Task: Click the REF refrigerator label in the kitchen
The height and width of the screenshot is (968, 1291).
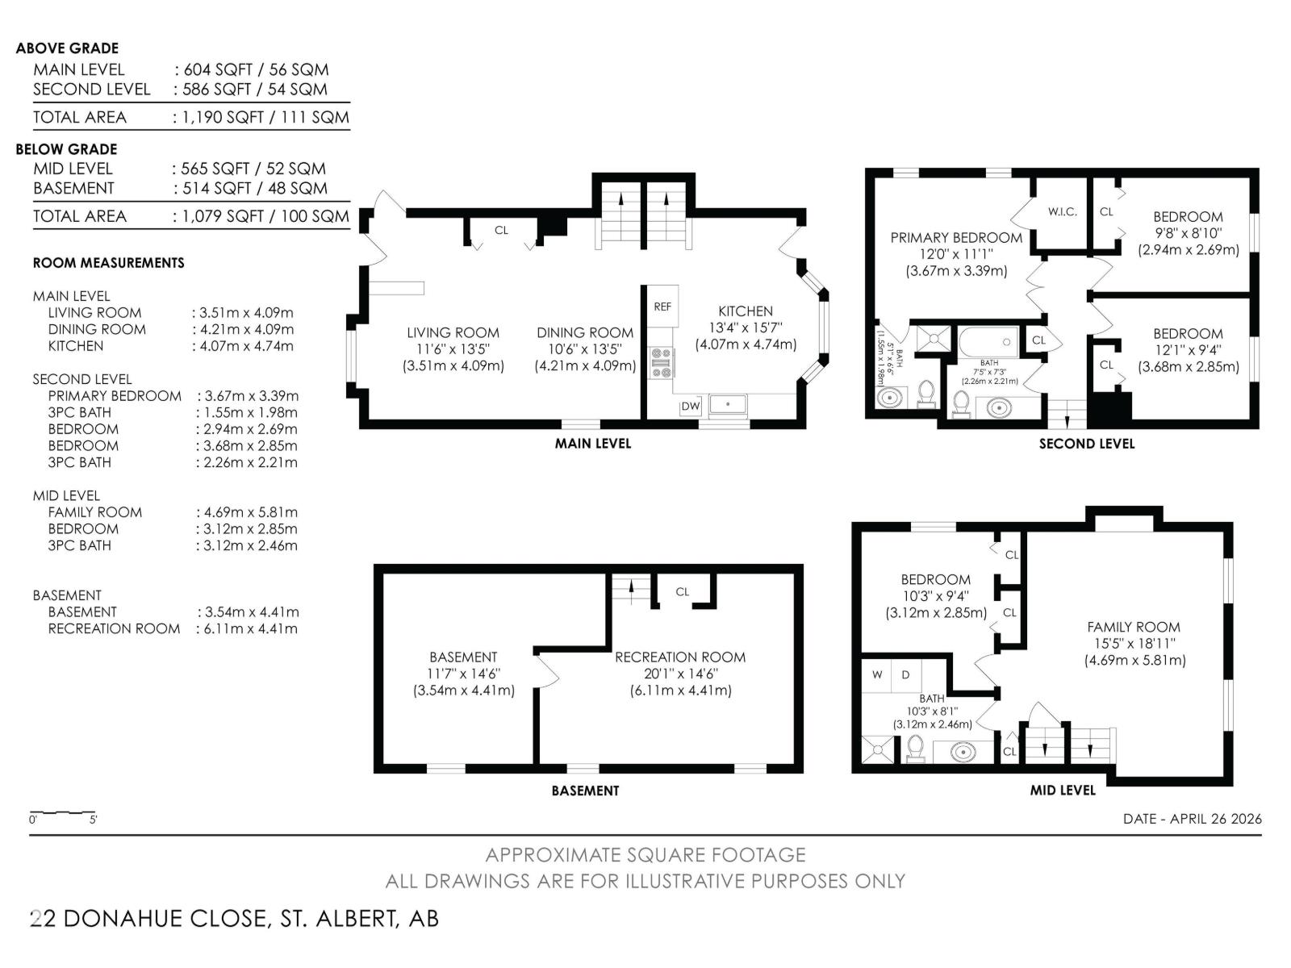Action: (x=662, y=307)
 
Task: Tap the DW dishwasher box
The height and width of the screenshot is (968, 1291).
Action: (x=691, y=406)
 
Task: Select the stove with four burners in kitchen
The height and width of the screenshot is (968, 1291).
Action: (x=661, y=363)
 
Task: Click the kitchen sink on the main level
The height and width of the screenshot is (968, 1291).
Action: (x=728, y=405)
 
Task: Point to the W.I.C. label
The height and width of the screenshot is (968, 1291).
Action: (x=1062, y=211)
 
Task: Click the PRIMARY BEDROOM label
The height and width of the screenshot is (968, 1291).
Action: (x=956, y=237)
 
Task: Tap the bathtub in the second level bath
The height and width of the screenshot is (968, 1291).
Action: (x=988, y=342)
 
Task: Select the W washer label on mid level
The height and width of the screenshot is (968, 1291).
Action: (x=877, y=674)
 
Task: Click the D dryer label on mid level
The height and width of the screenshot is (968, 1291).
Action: (x=905, y=674)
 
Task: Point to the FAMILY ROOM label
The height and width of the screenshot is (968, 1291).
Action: (x=1134, y=627)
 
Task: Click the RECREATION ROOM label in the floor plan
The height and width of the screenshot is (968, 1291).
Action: (x=680, y=657)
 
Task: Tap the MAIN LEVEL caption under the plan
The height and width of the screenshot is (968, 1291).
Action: (x=593, y=443)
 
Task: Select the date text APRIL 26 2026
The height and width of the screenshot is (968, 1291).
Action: (x=1216, y=818)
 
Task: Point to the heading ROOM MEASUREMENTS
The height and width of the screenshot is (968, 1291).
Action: (x=109, y=263)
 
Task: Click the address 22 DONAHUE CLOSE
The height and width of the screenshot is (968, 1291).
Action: (x=151, y=918)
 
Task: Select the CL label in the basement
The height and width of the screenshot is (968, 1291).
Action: (x=683, y=592)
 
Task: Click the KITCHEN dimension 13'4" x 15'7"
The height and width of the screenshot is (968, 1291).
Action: (x=746, y=328)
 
